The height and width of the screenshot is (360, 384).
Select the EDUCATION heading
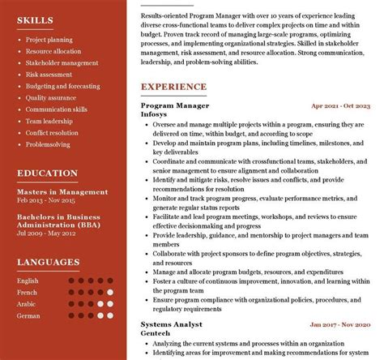point(47,173)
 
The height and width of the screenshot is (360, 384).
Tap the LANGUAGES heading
point(48,262)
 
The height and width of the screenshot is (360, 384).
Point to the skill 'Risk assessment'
point(48,74)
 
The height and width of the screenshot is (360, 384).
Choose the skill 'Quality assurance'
point(51,97)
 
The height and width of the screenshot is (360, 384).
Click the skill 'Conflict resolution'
point(52,133)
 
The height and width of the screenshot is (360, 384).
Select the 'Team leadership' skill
point(49,121)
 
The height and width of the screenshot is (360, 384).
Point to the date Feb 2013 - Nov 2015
point(46,199)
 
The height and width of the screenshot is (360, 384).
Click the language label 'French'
point(28,292)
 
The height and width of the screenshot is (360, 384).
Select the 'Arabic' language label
point(28,303)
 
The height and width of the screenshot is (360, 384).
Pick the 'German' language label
point(28,315)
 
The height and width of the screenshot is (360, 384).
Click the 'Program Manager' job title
point(174,105)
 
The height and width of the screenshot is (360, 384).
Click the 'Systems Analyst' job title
point(171,324)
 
